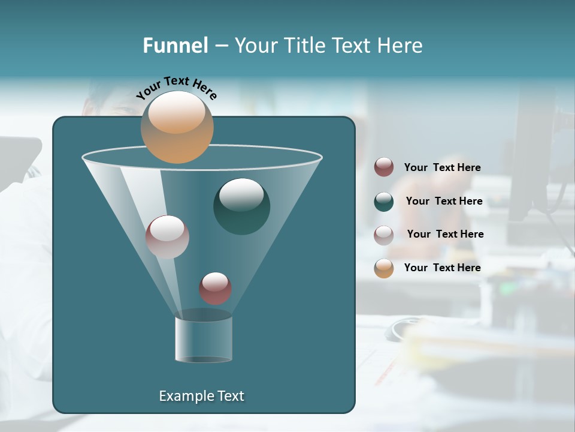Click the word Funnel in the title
point(175,46)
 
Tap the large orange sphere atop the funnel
point(177,127)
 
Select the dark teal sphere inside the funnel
point(241,207)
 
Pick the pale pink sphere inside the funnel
point(167,237)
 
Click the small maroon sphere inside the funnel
point(215,289)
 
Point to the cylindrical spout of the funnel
point(204,339)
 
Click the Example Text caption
point(201,396)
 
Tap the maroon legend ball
point(384,167)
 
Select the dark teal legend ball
point(384,202)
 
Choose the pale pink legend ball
point(384,235)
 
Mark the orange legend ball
point(384,268)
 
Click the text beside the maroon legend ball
point(442,168)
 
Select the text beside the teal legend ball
point(444,201)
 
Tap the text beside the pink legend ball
point(445,234)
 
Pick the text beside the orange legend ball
point(442,268)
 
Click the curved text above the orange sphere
point(177,87)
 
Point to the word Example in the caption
point(186,396)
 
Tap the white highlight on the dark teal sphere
point(241,194)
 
